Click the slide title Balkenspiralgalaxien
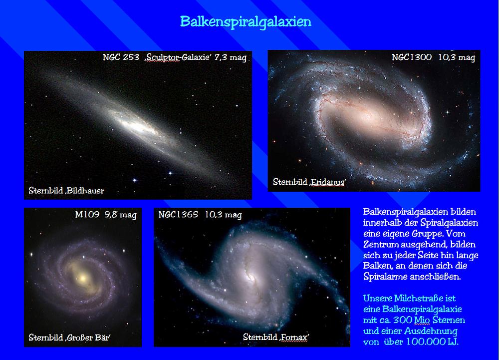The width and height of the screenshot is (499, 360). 246,22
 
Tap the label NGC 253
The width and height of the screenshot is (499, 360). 121,57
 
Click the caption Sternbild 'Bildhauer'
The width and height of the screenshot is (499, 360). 66,191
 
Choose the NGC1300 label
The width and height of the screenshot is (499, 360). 412,57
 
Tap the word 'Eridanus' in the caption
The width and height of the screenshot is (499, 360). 328,182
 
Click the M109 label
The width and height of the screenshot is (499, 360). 87,215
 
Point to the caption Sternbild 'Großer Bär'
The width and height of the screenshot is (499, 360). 69,338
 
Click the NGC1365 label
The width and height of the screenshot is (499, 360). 178,215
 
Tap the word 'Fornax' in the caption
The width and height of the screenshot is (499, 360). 294,337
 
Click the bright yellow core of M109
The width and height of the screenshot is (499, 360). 83,278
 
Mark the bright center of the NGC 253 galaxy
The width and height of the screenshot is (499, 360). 138,126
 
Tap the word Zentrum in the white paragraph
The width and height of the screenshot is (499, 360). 381,245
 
